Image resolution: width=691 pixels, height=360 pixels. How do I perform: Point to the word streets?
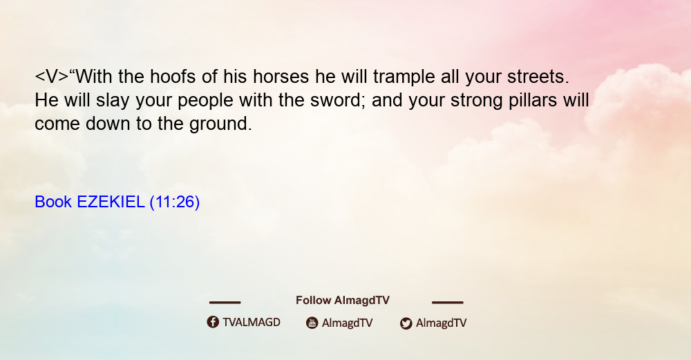538,77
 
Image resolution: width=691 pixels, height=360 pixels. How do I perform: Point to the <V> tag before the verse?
52,77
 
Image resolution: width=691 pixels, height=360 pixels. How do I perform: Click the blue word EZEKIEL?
111,202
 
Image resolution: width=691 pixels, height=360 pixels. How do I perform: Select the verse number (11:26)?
175,202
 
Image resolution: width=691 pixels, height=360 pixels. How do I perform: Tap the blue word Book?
53,202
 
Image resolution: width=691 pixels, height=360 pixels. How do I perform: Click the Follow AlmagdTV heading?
343,300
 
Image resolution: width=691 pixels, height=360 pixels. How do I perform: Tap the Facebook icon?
213,322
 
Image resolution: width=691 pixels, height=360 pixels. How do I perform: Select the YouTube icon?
312,323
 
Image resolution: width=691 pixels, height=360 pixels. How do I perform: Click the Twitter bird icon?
406,323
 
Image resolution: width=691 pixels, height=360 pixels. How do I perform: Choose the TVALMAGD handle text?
252,323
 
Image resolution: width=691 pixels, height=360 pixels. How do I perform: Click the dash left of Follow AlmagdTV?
225,303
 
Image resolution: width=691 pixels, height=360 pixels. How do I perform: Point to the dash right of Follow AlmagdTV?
448,303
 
